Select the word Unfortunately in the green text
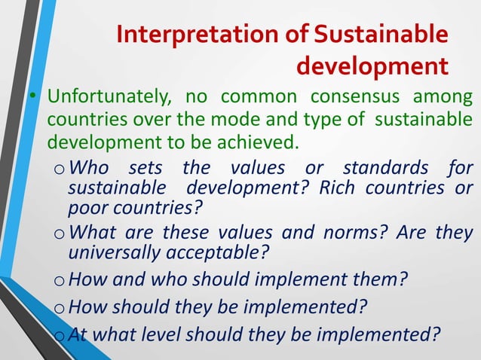102,99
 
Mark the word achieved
259,142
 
